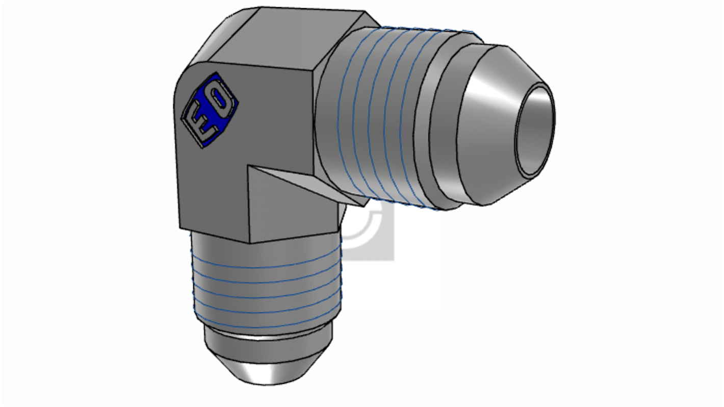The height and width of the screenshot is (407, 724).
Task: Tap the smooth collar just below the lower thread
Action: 268,339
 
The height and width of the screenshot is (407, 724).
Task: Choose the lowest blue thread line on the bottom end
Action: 265,326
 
